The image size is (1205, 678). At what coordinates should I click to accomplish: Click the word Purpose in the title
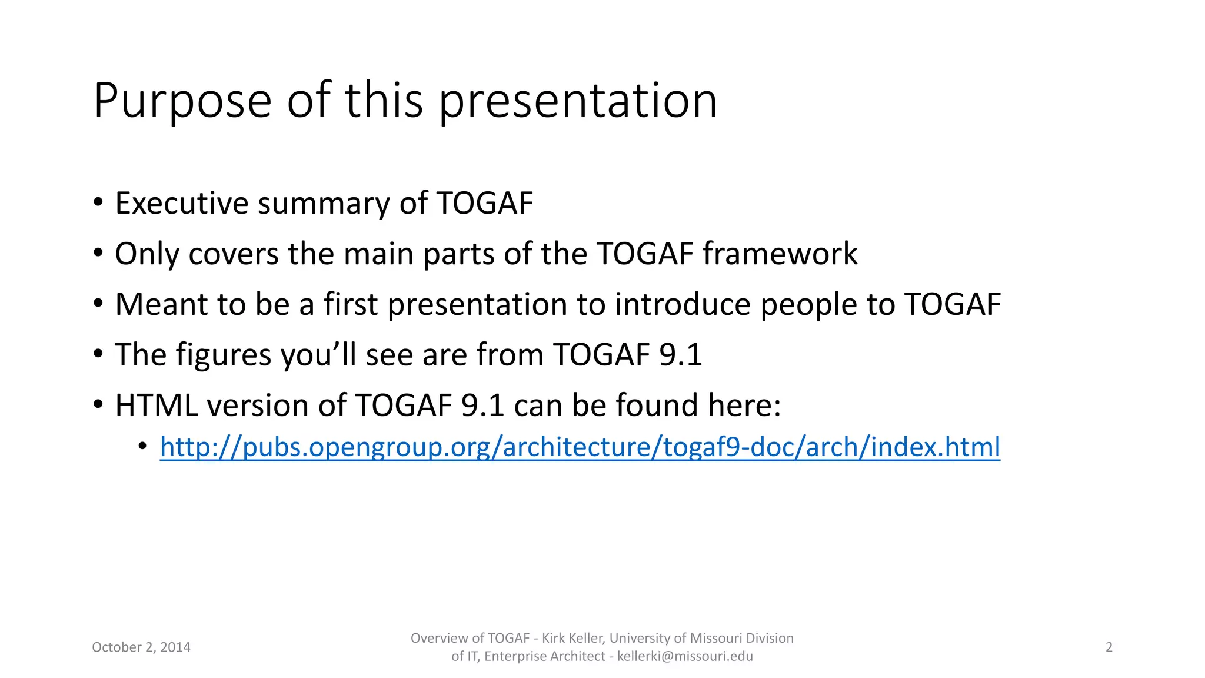pyautogui.click(x=182, y=101)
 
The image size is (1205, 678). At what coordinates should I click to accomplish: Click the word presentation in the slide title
pyautogui.click(x=578, y=101)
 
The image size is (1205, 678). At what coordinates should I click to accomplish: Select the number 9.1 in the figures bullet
pyautogui.click(x=681, y=355)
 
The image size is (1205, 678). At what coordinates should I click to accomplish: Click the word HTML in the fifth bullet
pyautogui.click(x=156, y=406)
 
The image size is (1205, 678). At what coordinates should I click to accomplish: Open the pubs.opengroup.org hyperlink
pyautogui.click(x=580, y=447)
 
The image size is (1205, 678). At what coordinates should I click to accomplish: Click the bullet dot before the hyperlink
pyautogui.click(x=142, y=447)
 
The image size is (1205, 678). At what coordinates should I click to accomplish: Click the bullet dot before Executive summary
pyautogui.click(x=98, y=203)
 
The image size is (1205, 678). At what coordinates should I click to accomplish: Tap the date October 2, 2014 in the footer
pyautogui.click(x=141, y=647)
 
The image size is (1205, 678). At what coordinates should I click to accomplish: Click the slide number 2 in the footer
pyautogui.click(x=1109, y=647)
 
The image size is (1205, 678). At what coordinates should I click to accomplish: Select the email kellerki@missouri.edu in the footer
pyautogui.click(x=685, y=657)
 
